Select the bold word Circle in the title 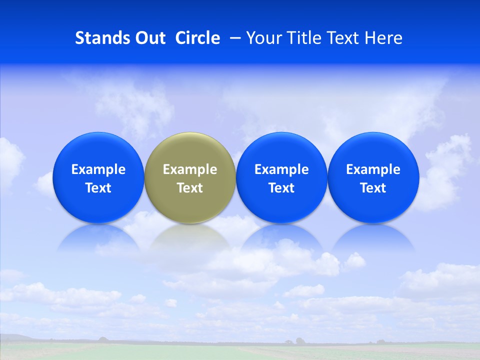(x=197, y=38)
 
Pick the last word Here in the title (x=384, y=38)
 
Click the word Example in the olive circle (x=189, y=169)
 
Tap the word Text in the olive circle (x=189, y=188)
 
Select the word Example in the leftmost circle (x=98, y=169)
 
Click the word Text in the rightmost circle (x=373, y=188)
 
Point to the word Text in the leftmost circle (x=98, y=188)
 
